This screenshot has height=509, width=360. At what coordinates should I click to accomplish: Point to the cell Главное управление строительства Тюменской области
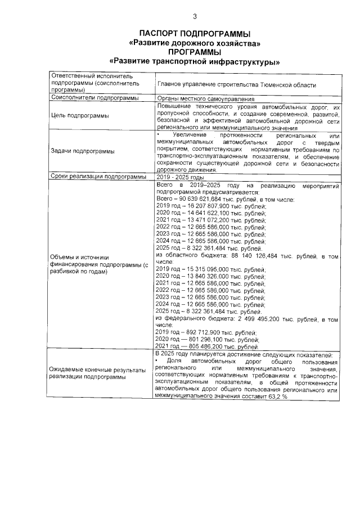point(237,85)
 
